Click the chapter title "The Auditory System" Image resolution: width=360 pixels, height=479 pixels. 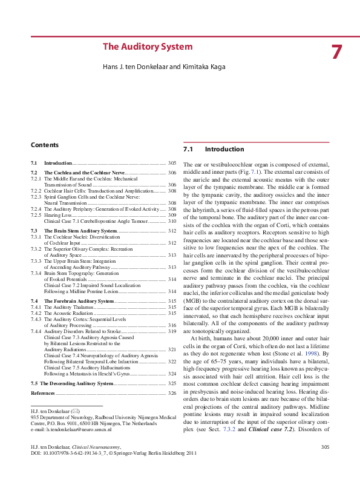tap(148, 47)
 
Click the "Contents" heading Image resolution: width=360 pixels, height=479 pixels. tap(45, 145)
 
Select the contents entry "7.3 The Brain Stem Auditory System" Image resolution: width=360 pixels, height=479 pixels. tap(81, 231)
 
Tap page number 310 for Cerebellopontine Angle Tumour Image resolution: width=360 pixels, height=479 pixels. tap(172, 221)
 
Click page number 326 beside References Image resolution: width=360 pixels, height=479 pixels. tap(172, 394)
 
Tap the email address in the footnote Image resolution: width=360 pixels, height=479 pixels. tap(73, 429)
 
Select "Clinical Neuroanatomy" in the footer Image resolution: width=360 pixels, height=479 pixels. tap(106, 463)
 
